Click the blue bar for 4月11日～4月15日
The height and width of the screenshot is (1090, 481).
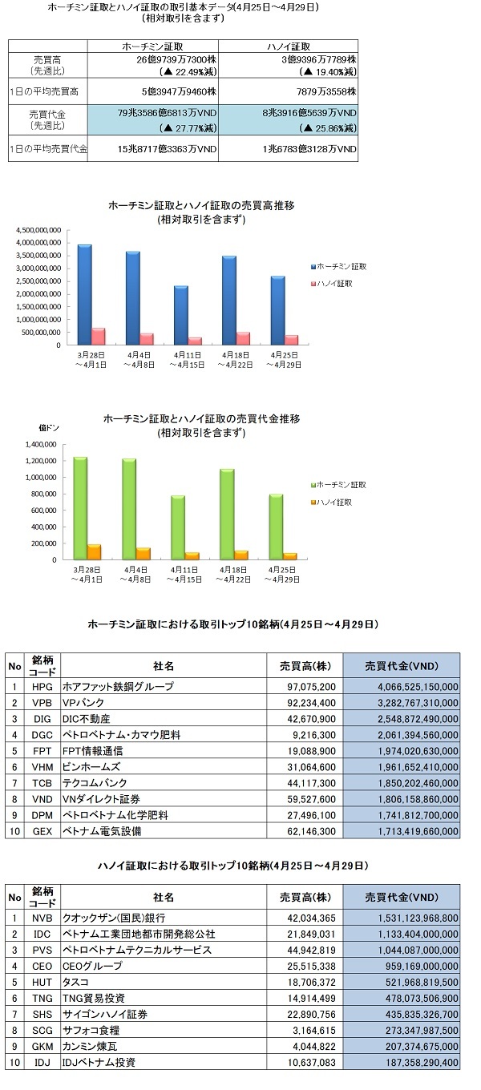[180, 315]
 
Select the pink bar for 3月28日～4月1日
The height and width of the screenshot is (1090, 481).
[99, 337]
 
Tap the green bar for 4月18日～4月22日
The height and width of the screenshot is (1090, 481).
[228, 515]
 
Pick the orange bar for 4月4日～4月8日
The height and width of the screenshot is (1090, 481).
[144, 554]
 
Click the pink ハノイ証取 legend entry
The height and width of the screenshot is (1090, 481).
[331, 283]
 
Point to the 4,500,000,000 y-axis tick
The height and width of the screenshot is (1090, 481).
[38, 230]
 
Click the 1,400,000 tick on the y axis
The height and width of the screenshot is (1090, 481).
[41, 444]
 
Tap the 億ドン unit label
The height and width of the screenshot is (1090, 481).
[49, 428]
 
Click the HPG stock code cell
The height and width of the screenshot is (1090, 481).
[42, 687]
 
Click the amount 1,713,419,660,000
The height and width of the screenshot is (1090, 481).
[418, 832]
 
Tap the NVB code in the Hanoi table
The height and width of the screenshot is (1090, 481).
[42, 918]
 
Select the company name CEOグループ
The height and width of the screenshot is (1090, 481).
[92, 966]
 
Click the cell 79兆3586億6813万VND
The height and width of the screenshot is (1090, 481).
[167, 113]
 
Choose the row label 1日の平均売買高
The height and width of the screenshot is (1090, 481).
[44, 91]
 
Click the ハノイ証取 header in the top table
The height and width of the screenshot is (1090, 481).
[289, 46]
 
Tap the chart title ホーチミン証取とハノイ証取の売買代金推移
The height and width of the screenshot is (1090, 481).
[201, 418]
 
